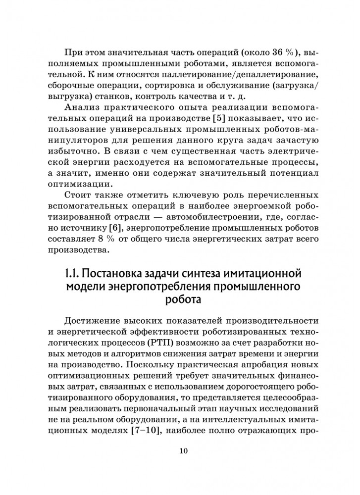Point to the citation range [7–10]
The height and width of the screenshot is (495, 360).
148,431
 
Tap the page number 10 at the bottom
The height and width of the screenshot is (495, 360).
182,451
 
